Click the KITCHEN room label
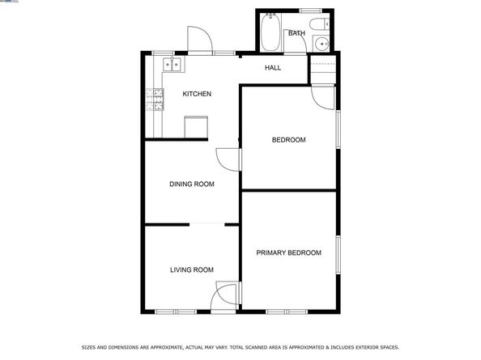click(x=197, y=94)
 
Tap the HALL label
click(x=273, y=67)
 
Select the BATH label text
click(x=297, y=33)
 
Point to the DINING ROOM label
click(x=192, y=184)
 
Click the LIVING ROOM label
click(x=192, y=269)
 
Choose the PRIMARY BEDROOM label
click(x=289, y=253)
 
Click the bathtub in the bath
click(x=270, y=34)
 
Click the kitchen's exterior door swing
click(x=199, y=40)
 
